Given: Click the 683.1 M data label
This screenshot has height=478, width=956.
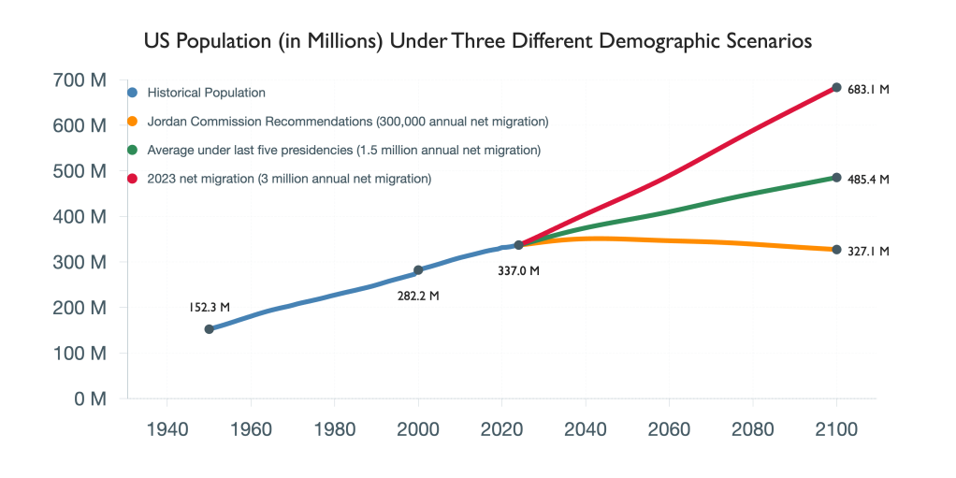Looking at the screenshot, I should click(868, 90).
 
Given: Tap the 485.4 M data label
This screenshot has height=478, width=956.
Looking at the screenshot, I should click(868, 179).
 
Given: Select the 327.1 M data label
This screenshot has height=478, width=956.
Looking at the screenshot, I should click(868, 251).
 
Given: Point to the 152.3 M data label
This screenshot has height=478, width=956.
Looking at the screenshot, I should click(210, 306).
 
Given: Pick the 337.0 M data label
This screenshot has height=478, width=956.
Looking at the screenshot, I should click(519, 271).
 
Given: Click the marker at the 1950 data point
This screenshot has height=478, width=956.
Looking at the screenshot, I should click(210, 329).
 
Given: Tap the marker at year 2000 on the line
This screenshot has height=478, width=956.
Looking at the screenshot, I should click(418, 270).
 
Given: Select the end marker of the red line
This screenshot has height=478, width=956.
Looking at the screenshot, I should click(837, 88).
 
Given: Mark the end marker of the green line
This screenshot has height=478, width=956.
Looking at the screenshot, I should click(837, 178).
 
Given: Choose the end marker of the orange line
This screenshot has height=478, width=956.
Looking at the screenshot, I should click(837, 250).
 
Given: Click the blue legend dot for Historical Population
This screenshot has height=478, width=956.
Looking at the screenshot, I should click(133, 93).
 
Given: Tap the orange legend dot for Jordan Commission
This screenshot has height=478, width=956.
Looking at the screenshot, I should click(133, 121).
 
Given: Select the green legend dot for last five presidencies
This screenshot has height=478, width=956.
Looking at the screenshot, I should click(133, 150).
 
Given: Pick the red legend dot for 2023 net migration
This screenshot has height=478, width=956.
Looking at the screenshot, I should click(133, 178).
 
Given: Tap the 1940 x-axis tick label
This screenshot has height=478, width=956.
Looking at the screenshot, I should click(167, 430).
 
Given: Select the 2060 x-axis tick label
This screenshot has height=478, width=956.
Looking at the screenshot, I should click(670, 430).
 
